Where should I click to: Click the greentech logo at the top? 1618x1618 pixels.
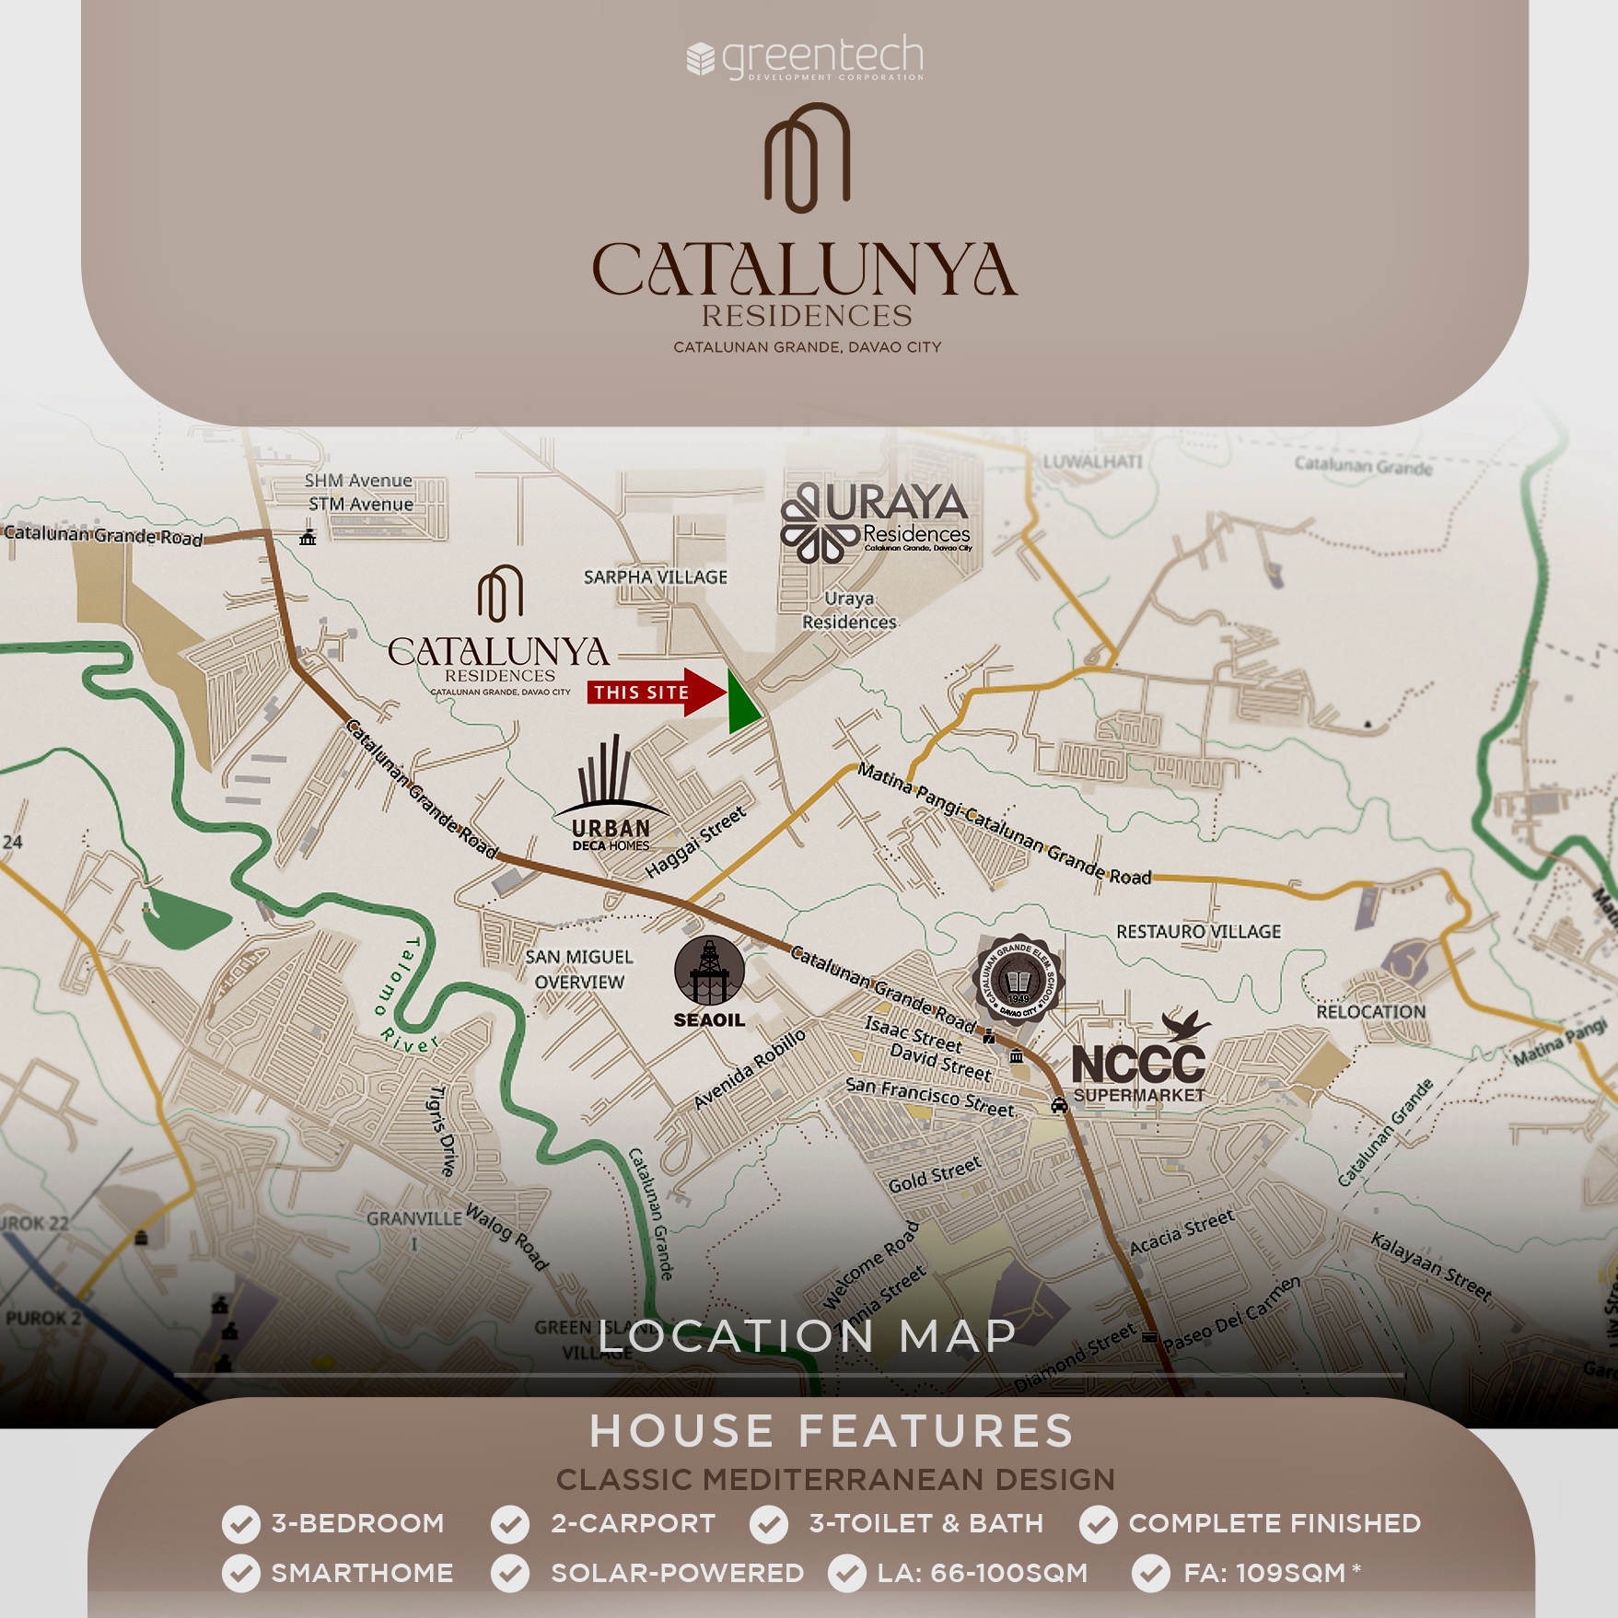[x=806, y=58]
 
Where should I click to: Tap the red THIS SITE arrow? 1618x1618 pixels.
[x=655, y=693]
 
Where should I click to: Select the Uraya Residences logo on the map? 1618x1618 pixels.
[x=875, y=521]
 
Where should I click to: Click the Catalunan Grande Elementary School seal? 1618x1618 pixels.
[x=1018, y=980]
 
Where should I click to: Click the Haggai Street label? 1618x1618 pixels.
[x=696, y=842]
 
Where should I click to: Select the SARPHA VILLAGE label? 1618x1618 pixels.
[x=656, y=577]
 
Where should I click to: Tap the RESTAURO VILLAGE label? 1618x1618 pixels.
[x=1198, y=932]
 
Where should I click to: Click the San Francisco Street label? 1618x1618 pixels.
[x=929, y=1097]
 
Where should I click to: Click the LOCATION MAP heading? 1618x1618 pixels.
[x=808, y=1336]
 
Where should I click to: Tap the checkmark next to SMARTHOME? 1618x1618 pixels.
[x=241, y=1574]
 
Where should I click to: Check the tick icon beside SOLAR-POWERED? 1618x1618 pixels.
[x=510, y=1574]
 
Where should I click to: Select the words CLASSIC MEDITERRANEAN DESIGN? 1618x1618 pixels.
[x=835, y=1480]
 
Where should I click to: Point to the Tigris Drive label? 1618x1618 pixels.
[x=443, y=1131]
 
